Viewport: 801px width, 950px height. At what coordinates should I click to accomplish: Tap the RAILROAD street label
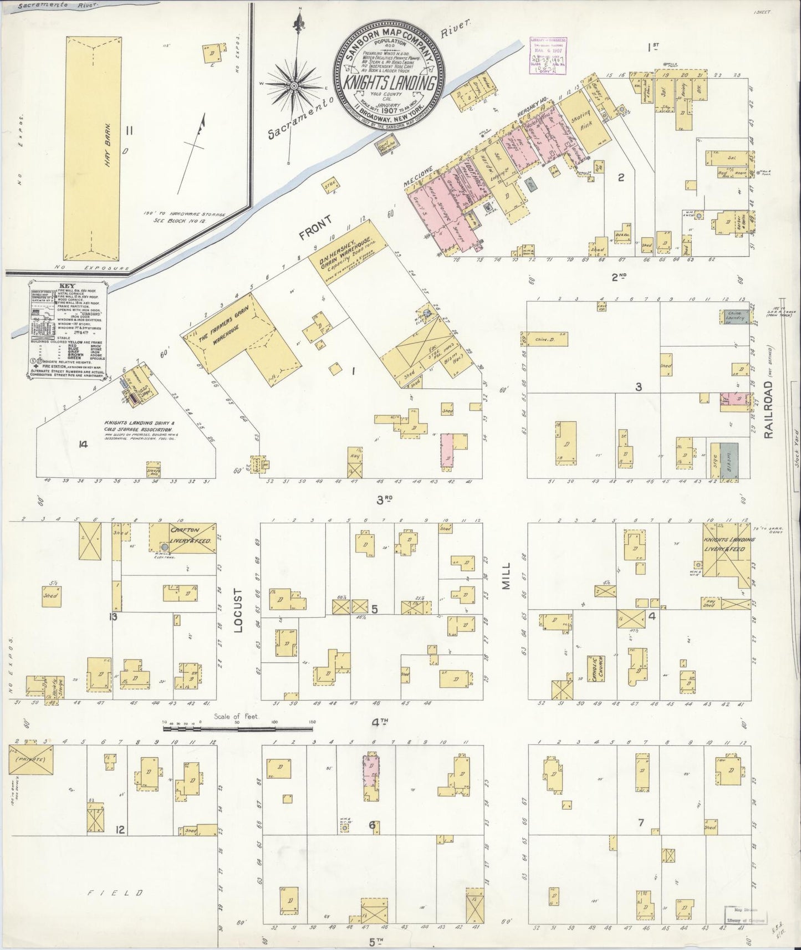[768, 410]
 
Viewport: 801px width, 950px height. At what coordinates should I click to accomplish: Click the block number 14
[84, 444]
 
